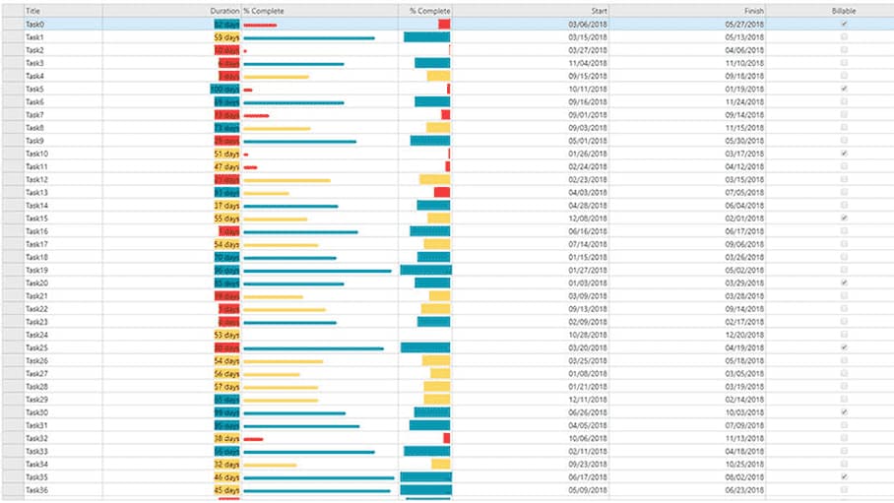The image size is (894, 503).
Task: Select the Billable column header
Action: click(x=844, y=10)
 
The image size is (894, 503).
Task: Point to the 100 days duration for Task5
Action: click(x=224, y=89)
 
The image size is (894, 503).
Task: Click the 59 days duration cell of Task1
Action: click(x=226, y=36)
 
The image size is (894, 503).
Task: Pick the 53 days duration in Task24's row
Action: click(x=226, y=335)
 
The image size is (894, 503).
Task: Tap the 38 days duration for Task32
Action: click(x=226, y=438)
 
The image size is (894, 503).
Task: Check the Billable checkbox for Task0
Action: click(x=844, y=24)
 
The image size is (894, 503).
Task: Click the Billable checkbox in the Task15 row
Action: click(x=844, y=218)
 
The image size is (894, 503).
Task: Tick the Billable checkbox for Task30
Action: click(x=844, y=412)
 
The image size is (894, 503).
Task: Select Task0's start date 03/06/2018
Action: click(x=588, y=24)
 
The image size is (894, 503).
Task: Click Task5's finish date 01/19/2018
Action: click(x=744, y=89)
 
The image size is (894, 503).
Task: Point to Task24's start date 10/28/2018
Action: click(x=588, y=335)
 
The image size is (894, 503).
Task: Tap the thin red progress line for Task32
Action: click(x=253, y=439)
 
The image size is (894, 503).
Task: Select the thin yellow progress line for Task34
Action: click(x=270, y=465)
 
